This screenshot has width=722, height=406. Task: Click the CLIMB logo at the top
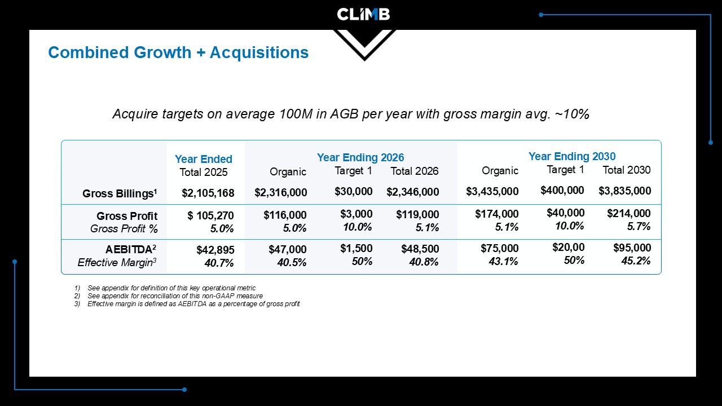363,15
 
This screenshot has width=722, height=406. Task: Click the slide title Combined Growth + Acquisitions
178,52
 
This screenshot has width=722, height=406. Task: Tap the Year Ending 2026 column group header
360,157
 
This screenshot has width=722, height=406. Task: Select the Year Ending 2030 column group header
572,156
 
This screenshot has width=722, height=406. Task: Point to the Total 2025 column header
204,172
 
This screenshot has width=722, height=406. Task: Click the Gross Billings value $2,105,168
208,193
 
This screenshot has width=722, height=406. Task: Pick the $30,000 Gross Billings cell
353,191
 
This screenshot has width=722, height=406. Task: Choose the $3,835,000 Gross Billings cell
624,191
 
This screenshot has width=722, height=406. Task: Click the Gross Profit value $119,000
417,214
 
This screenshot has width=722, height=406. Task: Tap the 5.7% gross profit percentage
639,227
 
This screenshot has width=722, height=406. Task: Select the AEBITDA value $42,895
215,250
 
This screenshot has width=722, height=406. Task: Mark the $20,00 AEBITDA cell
568,247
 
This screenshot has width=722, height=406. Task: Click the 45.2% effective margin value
636,261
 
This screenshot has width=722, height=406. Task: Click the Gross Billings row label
120,193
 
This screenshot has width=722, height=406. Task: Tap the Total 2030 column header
627,170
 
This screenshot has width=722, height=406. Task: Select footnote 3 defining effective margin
187,304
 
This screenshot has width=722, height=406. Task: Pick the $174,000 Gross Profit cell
497,214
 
